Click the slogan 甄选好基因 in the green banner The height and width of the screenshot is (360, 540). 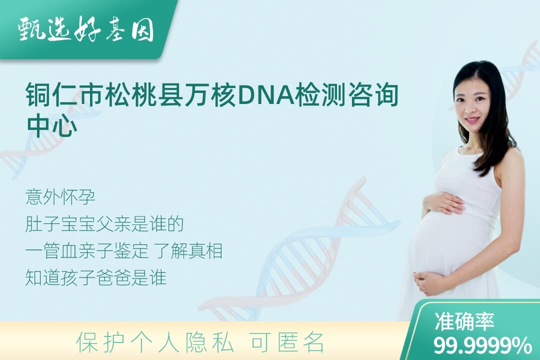click(x=86, y=29)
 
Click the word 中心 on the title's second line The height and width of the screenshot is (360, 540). click(x=52, y=125)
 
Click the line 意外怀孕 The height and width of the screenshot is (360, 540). click(x=60, y=197)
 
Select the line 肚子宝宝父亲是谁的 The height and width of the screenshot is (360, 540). click(x=104, y=224)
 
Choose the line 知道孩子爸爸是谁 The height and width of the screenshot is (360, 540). click(x=96, y=277)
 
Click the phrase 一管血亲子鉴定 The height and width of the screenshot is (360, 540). click(x=87, y=251)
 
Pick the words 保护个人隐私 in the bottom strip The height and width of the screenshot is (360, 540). click(x=155, y=342)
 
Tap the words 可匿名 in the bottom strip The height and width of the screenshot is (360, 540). click(x=287, y=342)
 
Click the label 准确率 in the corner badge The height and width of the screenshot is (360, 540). click(x=464, y=321)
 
